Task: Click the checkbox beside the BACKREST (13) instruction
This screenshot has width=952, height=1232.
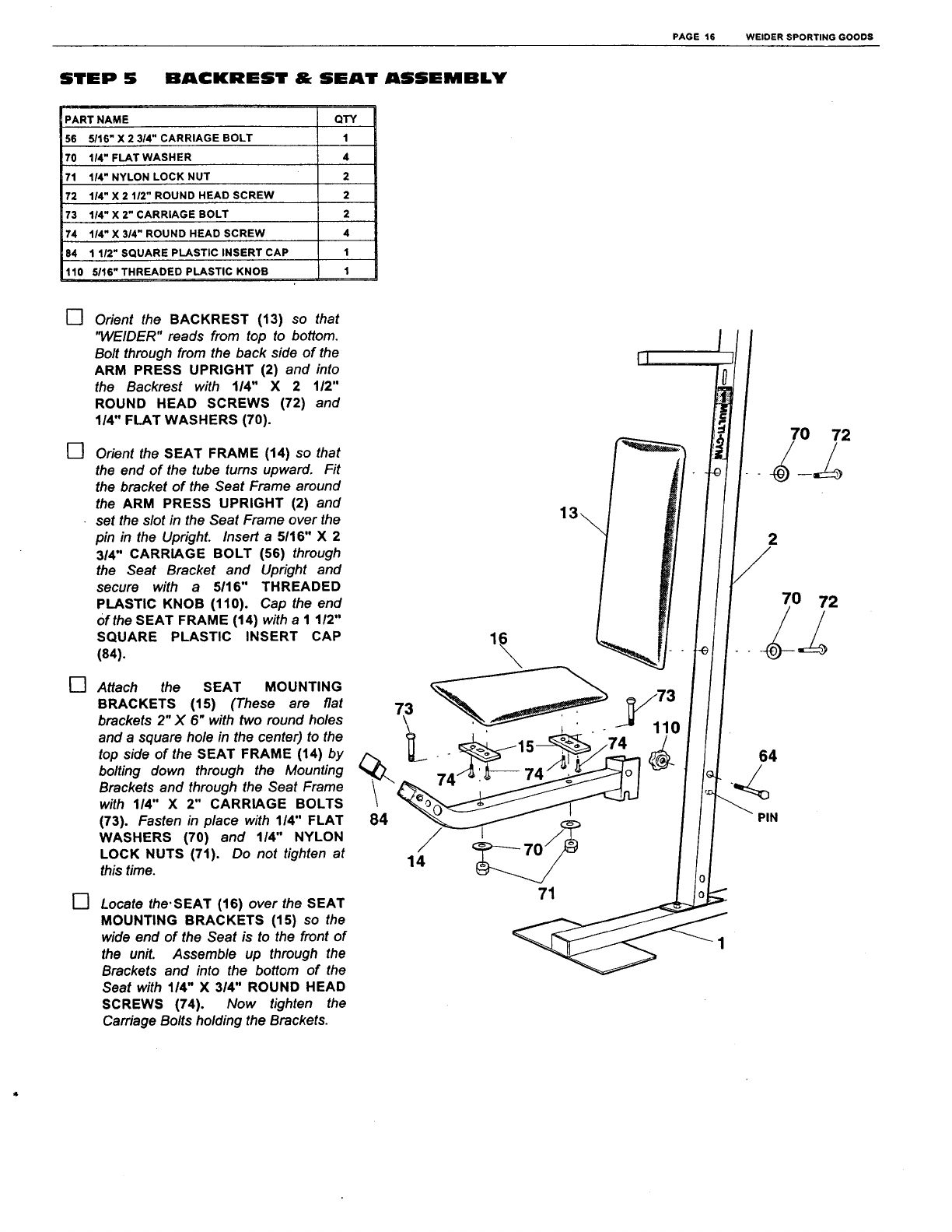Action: click(x=74, y=318)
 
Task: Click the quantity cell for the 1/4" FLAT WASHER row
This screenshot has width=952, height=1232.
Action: click(x=346, y=157)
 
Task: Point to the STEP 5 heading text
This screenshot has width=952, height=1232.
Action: click(x=99, y=79)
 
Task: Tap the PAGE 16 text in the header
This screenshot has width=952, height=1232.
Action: click(x=693, y=37)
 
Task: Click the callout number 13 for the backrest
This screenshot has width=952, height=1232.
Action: click(x=569, y=512)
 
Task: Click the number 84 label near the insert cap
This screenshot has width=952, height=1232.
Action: click(x=378, y=820)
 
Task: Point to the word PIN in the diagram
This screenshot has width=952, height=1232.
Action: click(x=767, y=817)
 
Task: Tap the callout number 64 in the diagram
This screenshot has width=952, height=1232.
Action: click(x=767, y=756)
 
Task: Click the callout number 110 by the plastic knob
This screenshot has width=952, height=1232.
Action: click(x=666, y=728)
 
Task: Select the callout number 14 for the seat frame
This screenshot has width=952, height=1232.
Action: click(x=417, y=861)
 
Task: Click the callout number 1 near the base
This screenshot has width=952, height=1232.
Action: click(x=720, y=944)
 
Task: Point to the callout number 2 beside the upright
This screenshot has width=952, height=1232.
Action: click(x=772, y=539)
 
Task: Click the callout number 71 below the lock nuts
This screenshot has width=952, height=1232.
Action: click(x=547, y=893)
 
